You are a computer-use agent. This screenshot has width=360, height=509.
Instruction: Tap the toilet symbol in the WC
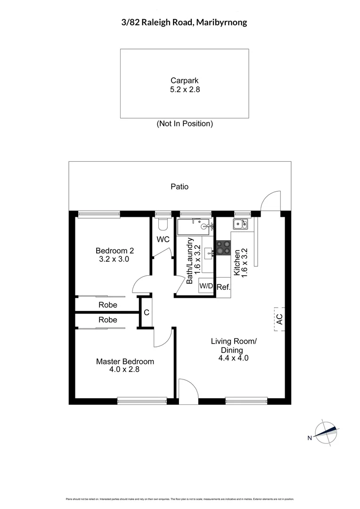pos(163,223)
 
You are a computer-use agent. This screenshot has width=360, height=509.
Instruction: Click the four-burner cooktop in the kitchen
pos(223,247)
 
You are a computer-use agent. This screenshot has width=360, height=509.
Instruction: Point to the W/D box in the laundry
pos(206,286)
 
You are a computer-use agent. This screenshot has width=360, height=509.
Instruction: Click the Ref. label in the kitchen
pos(223,287)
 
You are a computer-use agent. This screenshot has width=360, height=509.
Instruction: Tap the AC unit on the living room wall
pos(279,319)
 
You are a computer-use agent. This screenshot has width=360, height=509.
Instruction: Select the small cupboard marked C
pos(147,312)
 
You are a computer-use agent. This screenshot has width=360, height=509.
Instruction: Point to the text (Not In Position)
pos(185,124)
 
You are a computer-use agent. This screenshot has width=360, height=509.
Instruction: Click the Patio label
pos(180,187)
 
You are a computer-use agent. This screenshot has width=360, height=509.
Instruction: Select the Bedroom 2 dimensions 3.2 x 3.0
pos(112,259)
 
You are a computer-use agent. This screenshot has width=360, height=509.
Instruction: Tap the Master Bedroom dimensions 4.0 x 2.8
pos(125,369)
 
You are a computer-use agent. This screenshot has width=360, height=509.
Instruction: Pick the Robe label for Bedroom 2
pos(108,305)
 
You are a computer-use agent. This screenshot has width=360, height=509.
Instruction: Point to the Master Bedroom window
pos(142,401)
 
